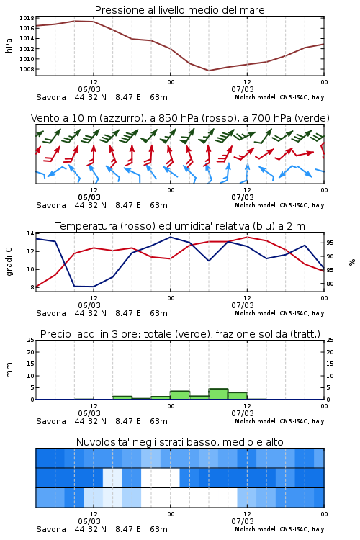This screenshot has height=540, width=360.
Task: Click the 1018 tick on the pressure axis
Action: point(27,18)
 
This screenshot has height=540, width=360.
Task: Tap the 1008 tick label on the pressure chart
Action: point(27,69)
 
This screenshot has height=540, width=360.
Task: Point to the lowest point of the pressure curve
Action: point(209,71)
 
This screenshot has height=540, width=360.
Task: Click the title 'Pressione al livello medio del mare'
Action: point(179,10)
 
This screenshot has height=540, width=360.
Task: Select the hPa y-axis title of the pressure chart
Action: point(9,45)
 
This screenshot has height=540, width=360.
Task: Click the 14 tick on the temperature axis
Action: point(30,233)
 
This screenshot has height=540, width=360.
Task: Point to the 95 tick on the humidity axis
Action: point(330,243)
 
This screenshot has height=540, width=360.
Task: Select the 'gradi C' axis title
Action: point(9,261)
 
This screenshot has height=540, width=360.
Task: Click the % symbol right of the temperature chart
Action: point(352,262)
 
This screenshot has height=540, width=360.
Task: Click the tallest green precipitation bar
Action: point(218,394)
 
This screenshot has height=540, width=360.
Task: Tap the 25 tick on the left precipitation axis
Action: point(30,340)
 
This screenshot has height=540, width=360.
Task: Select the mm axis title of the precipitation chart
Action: point(9,370)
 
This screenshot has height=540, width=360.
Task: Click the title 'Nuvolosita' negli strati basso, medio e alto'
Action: point(179,442)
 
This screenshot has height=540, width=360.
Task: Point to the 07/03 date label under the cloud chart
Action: point(243,521)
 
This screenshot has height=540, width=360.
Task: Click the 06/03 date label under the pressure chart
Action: point(89,89)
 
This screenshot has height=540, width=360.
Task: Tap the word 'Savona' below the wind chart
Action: point(51,205)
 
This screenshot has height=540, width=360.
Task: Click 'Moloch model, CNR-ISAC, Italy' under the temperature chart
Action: point(279,313)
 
